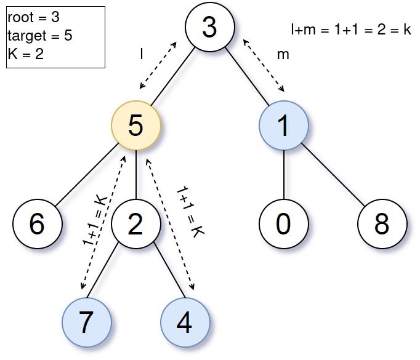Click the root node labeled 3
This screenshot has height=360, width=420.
tap(210, 28)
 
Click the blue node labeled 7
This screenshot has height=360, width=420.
tap(87, 322)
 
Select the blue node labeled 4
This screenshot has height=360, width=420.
tap(185, 322)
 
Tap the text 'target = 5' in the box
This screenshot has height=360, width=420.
tap(39, 36)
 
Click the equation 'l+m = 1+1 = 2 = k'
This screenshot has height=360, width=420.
tap(351, 30)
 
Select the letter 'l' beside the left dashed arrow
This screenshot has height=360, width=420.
tap(142, 54)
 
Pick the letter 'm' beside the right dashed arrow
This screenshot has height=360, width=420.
tap(283, 54)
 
